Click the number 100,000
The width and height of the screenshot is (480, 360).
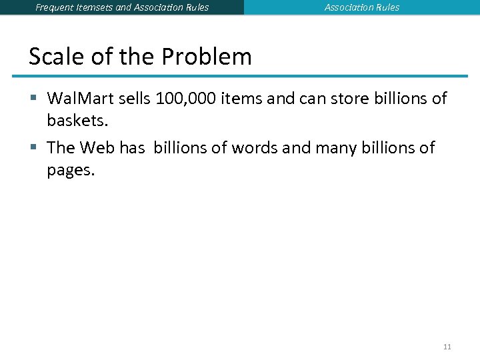point(186,99)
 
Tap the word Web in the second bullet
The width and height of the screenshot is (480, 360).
point(97,148)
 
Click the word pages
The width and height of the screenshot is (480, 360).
point(71,170)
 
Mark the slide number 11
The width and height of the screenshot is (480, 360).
point(447,347)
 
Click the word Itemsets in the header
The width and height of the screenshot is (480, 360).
point(97,7)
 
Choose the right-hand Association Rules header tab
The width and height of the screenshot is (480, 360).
point(362,7)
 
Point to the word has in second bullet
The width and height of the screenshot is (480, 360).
point(133,148)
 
